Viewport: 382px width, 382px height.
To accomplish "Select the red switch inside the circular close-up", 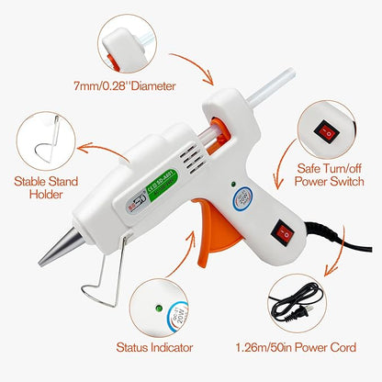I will pos(323,131).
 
